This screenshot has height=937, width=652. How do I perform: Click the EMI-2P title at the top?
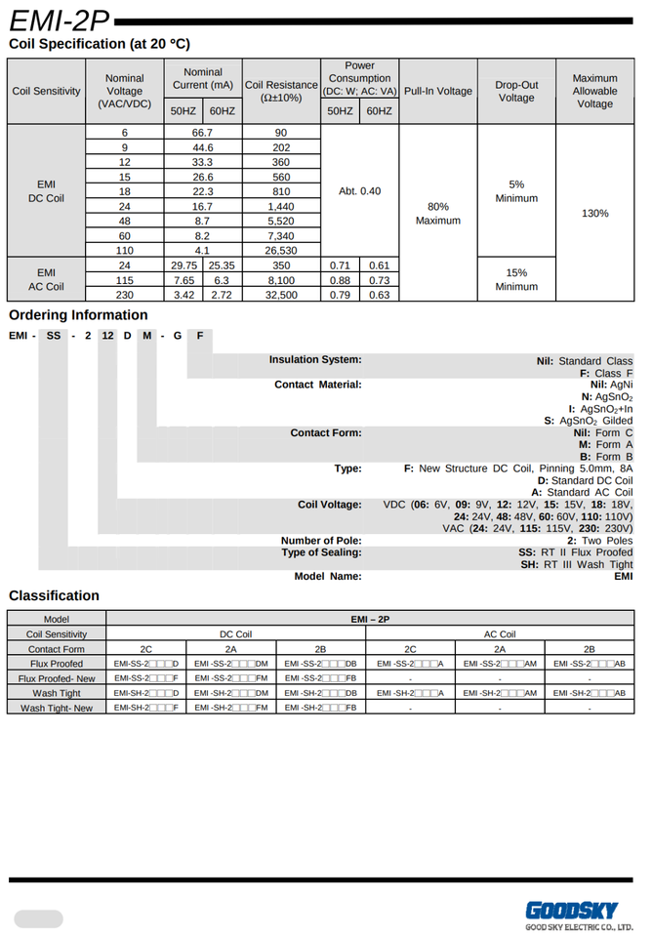point(60,20)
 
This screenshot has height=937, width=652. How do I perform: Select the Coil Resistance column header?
point(281,91)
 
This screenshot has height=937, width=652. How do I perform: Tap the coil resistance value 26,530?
point(281,250)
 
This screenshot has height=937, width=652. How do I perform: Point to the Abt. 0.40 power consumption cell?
point(359,190)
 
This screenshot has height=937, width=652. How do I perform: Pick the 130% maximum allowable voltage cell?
point(594,213)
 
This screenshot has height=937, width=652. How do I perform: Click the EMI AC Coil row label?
point(46,279)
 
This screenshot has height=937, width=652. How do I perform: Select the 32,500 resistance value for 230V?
point(281,294)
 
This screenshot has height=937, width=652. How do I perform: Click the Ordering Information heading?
point(78,315)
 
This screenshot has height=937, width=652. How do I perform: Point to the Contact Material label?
point(317,385)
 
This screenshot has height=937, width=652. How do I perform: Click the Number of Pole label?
point(321,541)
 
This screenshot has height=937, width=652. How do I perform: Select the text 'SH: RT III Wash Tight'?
point(576,564)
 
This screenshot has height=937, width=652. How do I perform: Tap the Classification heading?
point(54,595)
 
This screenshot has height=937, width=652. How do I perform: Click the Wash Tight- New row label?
point(57,708)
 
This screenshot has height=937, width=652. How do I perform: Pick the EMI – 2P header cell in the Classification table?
point(370,619)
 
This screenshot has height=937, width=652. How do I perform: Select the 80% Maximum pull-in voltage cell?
point(437,213)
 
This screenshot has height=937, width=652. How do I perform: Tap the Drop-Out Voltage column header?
point(516,91)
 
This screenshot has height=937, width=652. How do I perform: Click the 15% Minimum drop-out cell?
point(516,279)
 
